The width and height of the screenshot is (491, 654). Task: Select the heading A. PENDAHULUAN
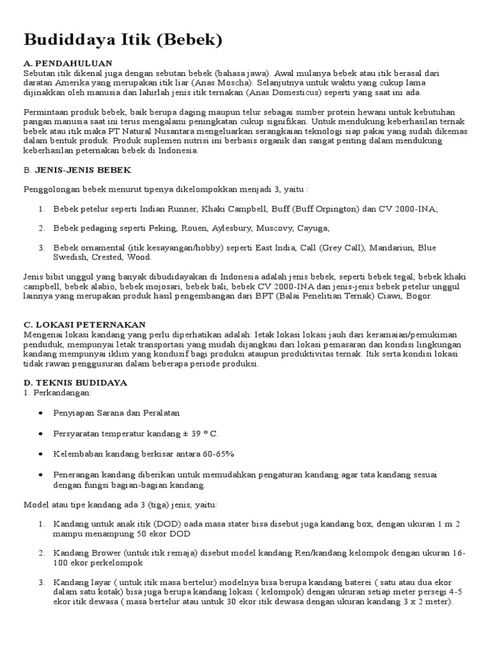[x=68, y=63]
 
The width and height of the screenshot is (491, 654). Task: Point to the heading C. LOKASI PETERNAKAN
[x=84, y=324]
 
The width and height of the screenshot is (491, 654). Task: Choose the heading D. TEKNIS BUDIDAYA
[x=75, y=382]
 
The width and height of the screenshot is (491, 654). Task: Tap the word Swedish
[x=70, y=257]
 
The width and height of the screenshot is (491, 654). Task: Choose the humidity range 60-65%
[x=201, y=453]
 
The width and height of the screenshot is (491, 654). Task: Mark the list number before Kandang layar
[x=41, y=582]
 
